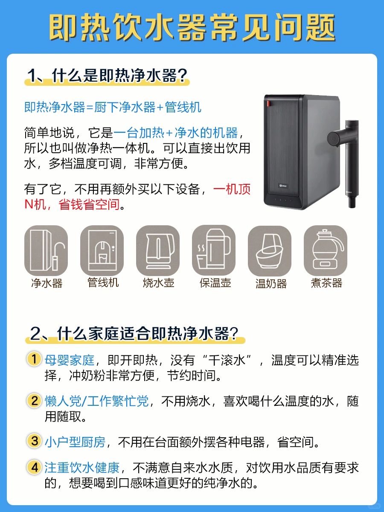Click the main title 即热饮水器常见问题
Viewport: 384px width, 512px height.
coord(192,28)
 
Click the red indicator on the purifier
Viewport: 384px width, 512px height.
coord(268,103)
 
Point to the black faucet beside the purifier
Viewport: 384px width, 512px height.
coord(345,161)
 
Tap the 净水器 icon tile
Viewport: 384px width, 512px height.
coord(46,251)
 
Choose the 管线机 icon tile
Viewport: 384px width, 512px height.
coord(102,251)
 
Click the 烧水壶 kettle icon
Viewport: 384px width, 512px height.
coord(158,251)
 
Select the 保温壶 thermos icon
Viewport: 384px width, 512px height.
coord(214,251)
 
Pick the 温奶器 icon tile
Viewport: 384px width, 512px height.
coord(270,251)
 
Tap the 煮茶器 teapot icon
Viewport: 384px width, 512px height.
coord(326,251)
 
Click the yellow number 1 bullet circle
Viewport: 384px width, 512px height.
coord(34,359)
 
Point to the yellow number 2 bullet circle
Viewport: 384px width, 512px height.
coord(34,401)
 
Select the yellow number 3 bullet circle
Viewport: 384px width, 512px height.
coord(34,441)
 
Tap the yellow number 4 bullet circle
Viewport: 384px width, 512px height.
coord(34,468)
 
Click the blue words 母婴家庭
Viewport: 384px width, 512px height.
coord(70,360)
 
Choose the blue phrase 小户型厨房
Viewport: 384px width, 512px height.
coord(75,442)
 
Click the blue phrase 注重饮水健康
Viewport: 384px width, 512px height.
coord(82,468)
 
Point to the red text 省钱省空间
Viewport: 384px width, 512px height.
coord(89,204)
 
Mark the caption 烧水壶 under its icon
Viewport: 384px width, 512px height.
coord(159,283)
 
